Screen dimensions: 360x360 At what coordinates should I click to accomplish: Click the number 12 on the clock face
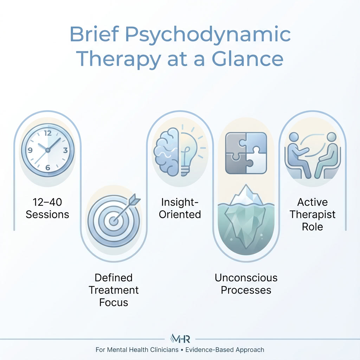pos(48,133)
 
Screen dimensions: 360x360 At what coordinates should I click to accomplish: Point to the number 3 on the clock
pos(65,150)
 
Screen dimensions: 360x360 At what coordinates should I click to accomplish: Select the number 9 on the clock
pos(30,150)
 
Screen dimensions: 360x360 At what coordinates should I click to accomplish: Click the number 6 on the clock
pos(48,167)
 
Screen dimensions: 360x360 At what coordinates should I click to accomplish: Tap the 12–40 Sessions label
pos(47,208)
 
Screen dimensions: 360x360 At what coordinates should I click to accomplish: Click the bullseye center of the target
pos(113,220)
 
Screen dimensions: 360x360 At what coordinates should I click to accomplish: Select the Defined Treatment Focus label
pos(114,290)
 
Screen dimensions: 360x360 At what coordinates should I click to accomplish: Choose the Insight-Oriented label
pos(180,208)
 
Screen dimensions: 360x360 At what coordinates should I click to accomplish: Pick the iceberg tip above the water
pos(246,195)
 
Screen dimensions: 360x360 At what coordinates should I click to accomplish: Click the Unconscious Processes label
pos(246,284)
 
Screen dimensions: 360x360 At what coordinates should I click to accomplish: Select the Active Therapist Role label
pos(312,214)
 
